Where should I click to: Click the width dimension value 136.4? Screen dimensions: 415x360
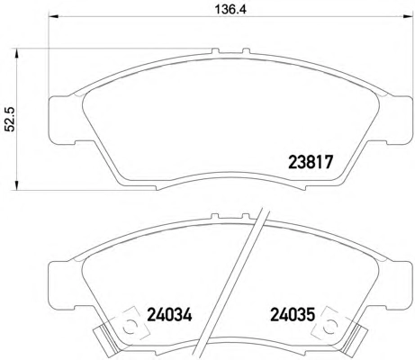tap(230, 9)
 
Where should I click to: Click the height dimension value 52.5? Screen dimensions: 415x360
tap(11, 120)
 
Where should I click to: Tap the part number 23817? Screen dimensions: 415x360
tap(311, 162)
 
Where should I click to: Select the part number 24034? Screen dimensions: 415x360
tap(169, 315)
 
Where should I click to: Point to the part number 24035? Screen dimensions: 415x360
tap(293, 315)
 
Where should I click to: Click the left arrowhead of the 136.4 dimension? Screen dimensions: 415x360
tap(53, 16)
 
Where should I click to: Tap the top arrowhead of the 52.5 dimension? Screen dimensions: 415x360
tap(17, 53)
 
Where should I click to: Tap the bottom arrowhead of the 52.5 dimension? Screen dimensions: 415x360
tap(17, 184)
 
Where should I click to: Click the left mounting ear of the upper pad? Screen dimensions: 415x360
tap(61, 120)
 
